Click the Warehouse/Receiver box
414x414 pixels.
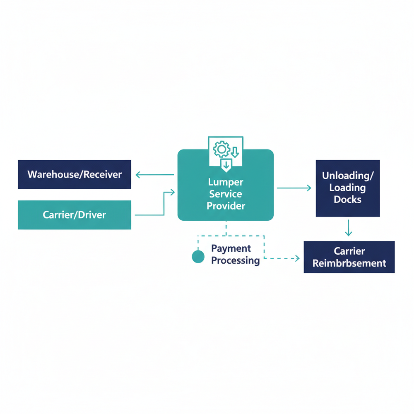coord(75,174)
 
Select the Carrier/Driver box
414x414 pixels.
coord(75,215)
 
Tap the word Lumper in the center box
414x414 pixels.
coord(226,182)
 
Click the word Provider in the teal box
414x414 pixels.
coord(226,206)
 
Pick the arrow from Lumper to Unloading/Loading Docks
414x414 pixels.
coord(294,188)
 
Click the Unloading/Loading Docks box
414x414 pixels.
coord(348,188)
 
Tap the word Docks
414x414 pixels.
coord(348,200)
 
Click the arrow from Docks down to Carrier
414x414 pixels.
coord(349,228)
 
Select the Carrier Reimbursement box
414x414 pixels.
coord(349,257)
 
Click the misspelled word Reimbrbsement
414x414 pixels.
coord(349,263)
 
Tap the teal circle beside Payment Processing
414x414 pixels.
coord(198,257)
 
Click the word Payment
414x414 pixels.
coord(231,248)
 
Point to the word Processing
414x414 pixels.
coord(235,260)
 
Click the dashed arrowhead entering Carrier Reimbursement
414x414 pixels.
coord(296,258)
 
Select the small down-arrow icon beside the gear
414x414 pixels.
coord(235,152)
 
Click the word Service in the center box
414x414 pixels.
coord(226,194)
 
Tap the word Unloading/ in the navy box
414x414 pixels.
coord(348,176)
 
